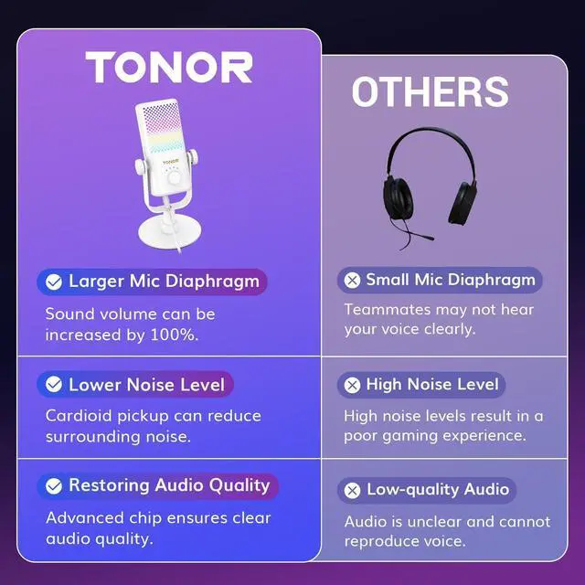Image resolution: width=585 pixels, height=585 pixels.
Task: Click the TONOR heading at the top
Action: coord(169,67)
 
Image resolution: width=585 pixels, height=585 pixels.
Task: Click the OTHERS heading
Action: coord(430,92)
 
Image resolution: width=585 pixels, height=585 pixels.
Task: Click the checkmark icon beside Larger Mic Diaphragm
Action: coord(54,282)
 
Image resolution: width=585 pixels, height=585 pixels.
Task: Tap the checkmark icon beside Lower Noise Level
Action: coord(54,384)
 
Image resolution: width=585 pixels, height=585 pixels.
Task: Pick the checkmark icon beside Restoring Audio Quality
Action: coord(54,485)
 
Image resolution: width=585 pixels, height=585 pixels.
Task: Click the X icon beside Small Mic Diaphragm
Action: coord(352,281)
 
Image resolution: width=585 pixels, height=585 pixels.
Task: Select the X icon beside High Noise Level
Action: coord(352,385)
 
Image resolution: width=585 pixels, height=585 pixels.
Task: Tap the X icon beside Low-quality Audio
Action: coord(352,490)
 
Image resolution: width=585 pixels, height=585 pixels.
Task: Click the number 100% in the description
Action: coord(175,335)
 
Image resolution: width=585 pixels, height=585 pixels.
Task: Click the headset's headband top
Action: coord(430,137)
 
